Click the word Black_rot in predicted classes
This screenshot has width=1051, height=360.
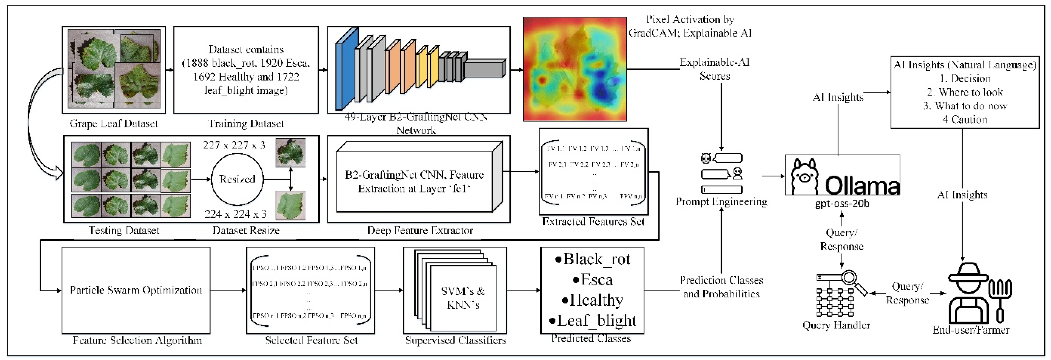click(596, 259)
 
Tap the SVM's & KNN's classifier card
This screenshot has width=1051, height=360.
click(463, 298)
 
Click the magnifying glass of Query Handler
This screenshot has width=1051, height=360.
click(850, 279)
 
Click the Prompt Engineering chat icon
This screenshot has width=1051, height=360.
click(721, 173)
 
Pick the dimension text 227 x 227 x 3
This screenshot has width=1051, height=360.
click(234, 145)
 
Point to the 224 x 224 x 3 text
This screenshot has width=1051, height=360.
click(235, 214)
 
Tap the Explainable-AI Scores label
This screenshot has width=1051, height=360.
click(714, 69)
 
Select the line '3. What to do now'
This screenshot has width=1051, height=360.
click(965, 106)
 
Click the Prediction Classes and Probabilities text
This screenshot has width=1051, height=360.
click(721, 287)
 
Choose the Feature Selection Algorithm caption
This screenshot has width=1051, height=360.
click(137, 340)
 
